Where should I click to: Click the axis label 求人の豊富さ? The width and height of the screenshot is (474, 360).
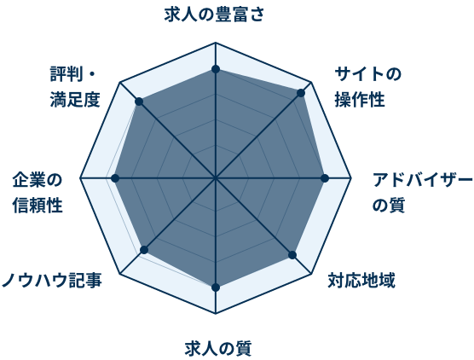pyautogui.click(x=214, y=15)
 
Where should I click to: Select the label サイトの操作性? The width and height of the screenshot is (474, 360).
pyautogui.click(x=368, y=87)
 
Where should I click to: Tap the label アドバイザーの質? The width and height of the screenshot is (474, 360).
pyautogui.click(x=422, y=193)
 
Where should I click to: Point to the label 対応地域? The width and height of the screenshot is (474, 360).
pyautogui.click(x=361, y=281)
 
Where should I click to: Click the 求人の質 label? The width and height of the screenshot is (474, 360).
pyautogui.click(x=218, y=349)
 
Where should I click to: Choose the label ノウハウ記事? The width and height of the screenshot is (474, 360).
pyautogui.click(x=52, y=280)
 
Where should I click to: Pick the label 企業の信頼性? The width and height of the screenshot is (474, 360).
pyautogui.click(x=38, y=193)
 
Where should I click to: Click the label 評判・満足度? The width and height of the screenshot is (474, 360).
pyautogui.click(x=75, y=87)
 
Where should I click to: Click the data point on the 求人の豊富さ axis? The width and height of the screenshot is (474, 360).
pyautogui.click(x=216, y=69)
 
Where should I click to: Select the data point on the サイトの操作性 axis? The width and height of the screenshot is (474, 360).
pyautogui.click(x=301, y=93)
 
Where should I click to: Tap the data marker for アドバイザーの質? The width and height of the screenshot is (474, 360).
pyautogui.click(x=325, y=178)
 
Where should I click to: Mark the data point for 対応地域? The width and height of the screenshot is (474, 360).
pyautogui.click(x=292, y=255)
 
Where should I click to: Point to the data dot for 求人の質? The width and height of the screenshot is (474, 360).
pyautogui.click(x=216, y=287)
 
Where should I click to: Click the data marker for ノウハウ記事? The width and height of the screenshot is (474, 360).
pyautogui.click(x=144, y=250)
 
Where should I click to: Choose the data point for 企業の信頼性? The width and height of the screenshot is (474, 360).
pyautogui.click(x=115, y=178)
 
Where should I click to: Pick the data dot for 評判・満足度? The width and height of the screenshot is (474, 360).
pyautogui.click(x=139, y=102)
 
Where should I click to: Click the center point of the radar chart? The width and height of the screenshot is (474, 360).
pyautogui.click(x=216, y=178)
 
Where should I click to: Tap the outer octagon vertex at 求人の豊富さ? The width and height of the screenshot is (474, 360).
pyautogui.click(x=216, y=43)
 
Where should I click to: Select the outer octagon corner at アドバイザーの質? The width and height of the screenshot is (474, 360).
pyautogui.click(x=351, y=178)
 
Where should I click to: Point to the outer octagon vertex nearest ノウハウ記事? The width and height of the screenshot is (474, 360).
pyautogui.click(x=120, y=274)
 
